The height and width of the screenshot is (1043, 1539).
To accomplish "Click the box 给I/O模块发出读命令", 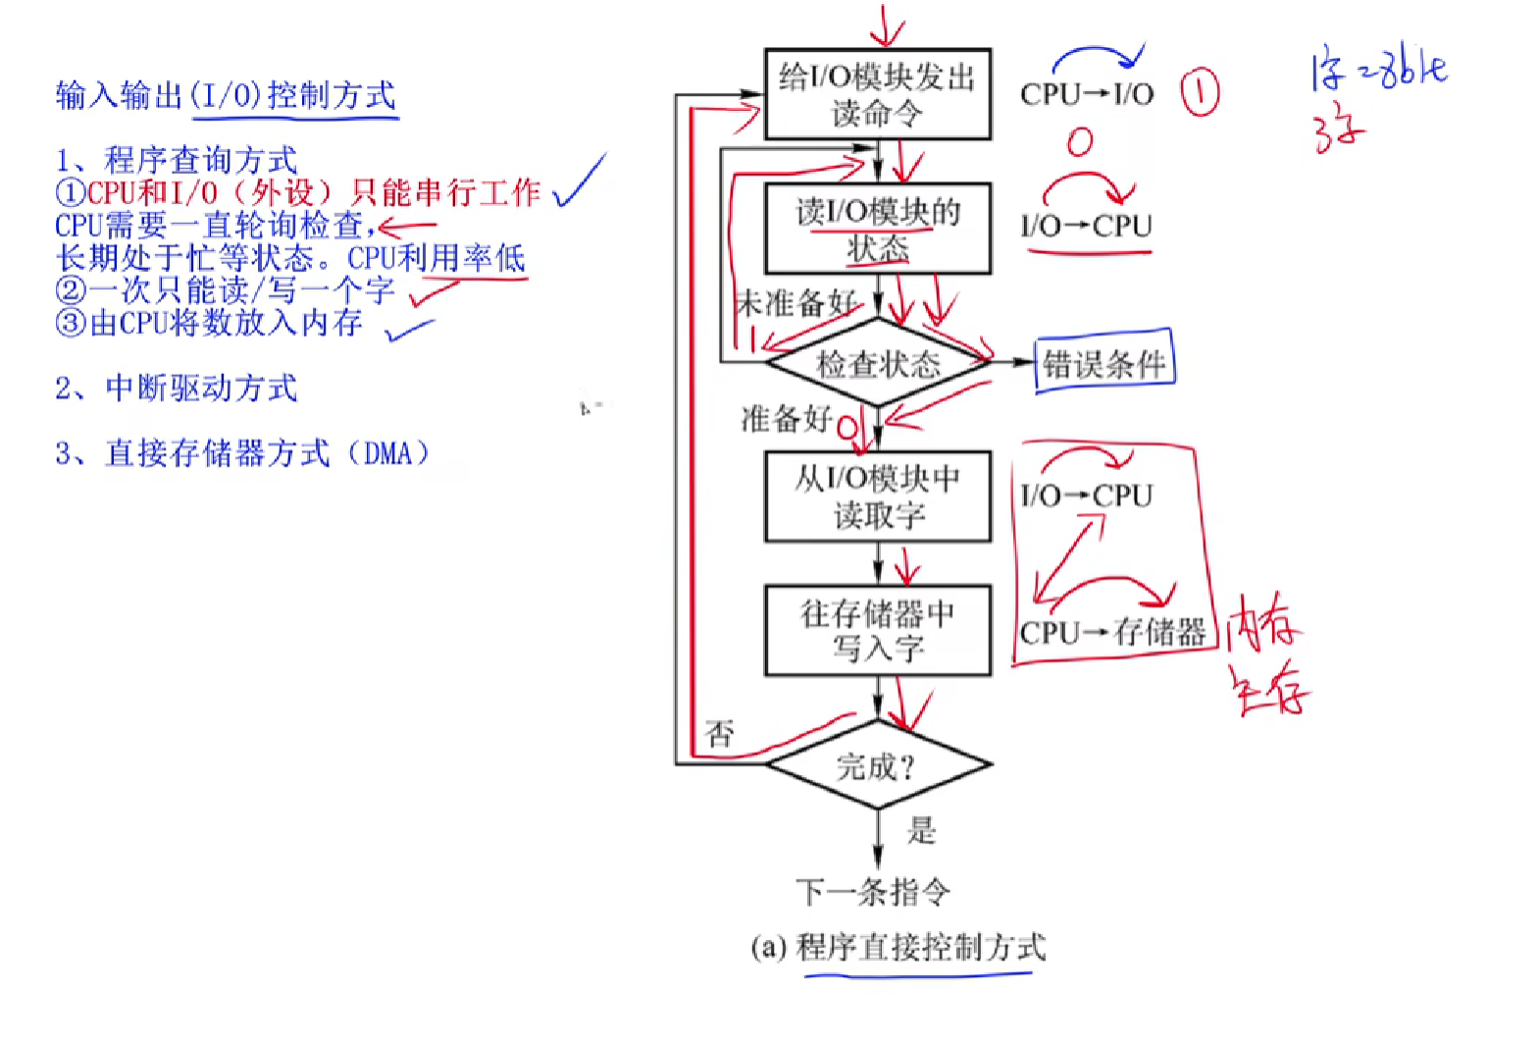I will click(x=877, y=94).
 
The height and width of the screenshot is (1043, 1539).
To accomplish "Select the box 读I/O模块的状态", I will click(x=877, y=229).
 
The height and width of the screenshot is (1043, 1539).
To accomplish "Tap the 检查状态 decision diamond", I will click(x=877, y=364).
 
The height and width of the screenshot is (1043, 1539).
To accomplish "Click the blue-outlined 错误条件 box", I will click(x=1103, y=364).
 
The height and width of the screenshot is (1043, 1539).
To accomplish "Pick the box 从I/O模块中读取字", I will click(x=877, y=496).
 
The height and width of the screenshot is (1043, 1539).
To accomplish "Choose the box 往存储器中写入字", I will click(x=877, y=631).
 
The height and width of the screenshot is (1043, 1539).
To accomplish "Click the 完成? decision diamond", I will click(x=877, y=765).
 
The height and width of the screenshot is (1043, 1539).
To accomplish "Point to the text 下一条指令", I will click(x=872, y=892).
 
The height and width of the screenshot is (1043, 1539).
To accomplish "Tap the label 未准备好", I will click(x=795, y=302).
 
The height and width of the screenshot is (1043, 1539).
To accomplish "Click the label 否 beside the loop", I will click(x=719, y=733).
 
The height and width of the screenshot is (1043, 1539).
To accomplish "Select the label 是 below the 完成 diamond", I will click(x=921, y=830).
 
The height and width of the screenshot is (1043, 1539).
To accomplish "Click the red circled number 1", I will click(x=1199, y=93).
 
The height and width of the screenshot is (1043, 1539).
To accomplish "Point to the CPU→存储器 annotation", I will click(x=1112, y=632).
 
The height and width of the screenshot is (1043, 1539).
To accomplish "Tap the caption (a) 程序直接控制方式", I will click(x=898, y=947).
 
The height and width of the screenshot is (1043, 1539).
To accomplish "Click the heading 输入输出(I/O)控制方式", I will click(x=226, y=95).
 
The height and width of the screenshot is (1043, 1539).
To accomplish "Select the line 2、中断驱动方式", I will click(x=177, y=389).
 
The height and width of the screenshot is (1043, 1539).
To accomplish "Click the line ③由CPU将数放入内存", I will click(x=209, y=323).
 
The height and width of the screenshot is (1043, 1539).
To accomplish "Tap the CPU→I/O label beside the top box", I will click(x=1087, y=94).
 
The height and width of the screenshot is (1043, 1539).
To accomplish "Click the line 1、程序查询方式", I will click(x=177, y=160).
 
